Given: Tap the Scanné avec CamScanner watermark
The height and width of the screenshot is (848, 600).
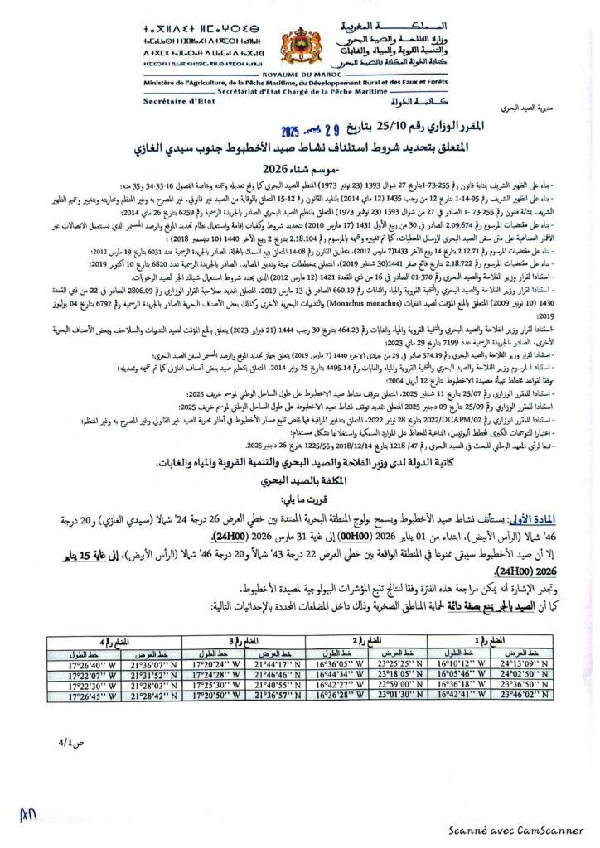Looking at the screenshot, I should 526,831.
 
